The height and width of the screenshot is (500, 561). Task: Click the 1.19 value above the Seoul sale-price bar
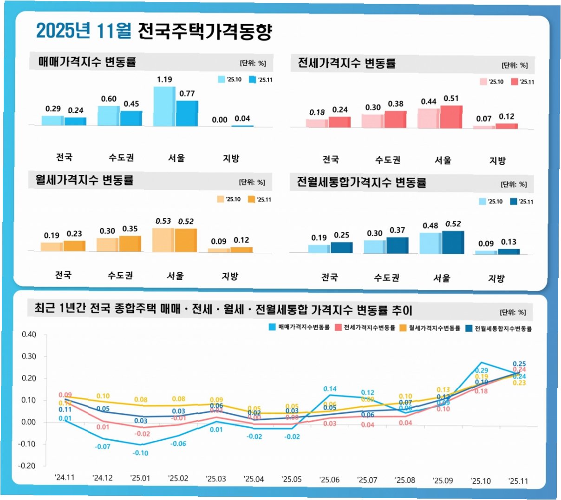pos(164,79)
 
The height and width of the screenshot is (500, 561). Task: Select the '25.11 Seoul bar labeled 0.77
pos(187,113)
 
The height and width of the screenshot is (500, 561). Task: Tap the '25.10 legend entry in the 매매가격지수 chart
pos(230,80)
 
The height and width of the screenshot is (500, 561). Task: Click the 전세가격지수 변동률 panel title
pos(346,63)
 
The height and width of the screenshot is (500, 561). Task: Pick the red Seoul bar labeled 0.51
pos(451,117)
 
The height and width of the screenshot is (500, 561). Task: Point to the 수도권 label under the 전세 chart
pos(388,160)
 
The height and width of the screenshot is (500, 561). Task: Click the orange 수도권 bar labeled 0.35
pos(130,244)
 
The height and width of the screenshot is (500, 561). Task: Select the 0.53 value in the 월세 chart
pos(163,221)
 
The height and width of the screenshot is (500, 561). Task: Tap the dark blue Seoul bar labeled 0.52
pos(453,242)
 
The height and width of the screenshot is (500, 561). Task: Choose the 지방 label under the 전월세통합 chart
pos(496,278)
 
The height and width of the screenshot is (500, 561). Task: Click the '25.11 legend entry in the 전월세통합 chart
pos(522,202)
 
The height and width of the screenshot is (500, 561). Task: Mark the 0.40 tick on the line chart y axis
pos(29,334)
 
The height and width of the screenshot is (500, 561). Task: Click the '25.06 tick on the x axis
pos(329,480)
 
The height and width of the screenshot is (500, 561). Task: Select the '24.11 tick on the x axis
pos(65,477)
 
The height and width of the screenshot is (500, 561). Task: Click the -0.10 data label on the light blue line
pos(140,453)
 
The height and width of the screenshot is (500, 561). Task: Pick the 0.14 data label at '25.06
pos(330,389)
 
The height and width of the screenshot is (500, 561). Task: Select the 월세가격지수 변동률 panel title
pos(84,180)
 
